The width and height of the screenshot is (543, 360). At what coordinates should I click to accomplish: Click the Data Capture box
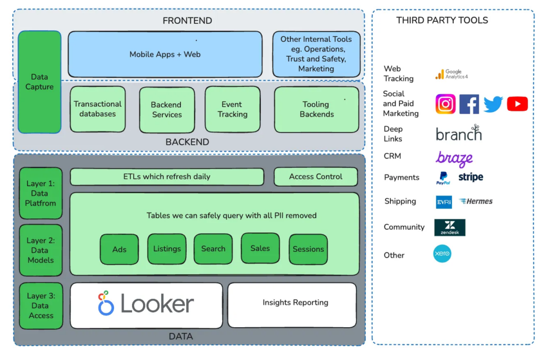(40, 82)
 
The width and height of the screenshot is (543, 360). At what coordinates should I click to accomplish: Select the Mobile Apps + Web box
(165, 54)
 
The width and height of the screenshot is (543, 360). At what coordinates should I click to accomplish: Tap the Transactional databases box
(98, 109)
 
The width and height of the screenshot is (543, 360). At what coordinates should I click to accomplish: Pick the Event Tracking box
(232, 109)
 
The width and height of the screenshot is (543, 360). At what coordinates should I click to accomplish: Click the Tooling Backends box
(317, 109)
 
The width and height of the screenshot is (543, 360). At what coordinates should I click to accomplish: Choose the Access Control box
(316, 177)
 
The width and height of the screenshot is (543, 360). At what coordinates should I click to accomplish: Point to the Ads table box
(119, 249)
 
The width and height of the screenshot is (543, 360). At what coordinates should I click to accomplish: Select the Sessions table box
(308, 249)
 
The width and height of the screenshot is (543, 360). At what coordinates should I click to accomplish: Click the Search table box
(213, 249)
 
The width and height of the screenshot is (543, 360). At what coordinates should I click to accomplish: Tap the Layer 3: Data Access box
(41, 306)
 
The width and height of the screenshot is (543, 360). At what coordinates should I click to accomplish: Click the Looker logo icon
(106, 303)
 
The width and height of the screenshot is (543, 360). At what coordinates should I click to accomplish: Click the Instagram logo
(445, 104)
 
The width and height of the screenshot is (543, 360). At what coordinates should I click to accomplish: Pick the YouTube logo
(517, 104)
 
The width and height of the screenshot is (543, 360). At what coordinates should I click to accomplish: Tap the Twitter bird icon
(493, 104)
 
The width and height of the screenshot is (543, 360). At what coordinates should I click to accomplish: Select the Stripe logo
(470, 177)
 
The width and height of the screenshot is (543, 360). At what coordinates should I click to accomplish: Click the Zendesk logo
(450, 227)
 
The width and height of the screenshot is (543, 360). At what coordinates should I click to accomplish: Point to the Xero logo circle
(442, 254)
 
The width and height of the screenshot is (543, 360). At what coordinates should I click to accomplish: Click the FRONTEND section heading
(187, 21)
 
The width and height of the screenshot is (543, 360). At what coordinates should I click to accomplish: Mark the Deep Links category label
(393, 134)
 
